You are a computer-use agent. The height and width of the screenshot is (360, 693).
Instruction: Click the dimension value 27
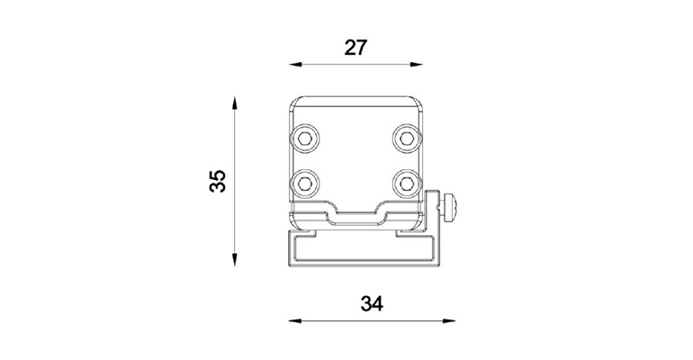(356, 48)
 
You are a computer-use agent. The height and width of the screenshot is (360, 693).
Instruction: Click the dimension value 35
(217, 181)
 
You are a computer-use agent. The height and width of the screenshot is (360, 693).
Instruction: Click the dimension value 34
(371, 304)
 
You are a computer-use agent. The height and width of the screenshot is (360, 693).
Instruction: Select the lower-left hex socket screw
(305, 184)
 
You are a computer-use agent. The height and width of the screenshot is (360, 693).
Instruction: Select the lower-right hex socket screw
(407, 184)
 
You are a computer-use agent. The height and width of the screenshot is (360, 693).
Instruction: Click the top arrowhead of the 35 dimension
(236, 102)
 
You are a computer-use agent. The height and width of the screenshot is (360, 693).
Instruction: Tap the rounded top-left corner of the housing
(295, 101)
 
